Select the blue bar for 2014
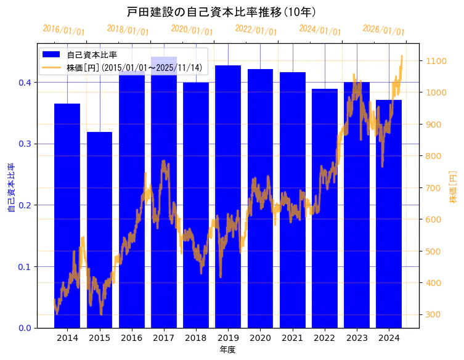click(x=67, y=216)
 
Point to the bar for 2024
click(x=389, y=213)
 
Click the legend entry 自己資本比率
click(x=92, y=54)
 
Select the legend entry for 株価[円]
click(x=133, y=68)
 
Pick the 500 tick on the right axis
click(x=431, y=252)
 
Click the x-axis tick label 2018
click(x=196, y=338)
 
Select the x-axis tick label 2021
click(x=292, y=338)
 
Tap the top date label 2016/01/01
click(x=64, y=30)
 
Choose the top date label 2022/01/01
click(x=256, y=30)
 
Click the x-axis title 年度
click(x=228, y=350)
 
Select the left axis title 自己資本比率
click(x=10, y=188)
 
